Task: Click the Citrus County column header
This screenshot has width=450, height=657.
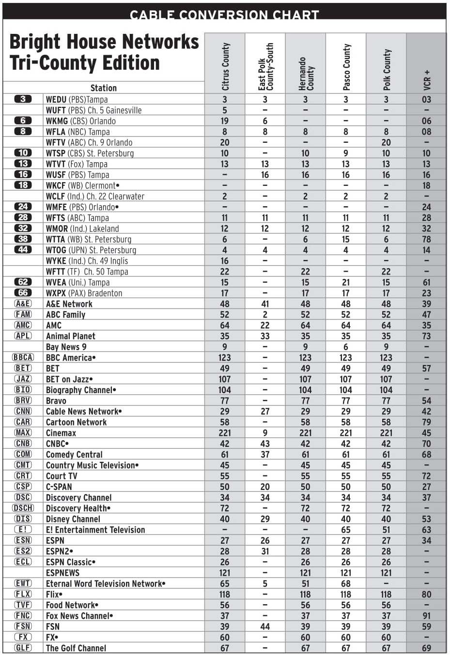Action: (x=225, y=66)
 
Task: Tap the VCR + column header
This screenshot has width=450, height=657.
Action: (x=426, y=80)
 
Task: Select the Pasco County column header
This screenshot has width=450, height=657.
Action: (x=346, y=67)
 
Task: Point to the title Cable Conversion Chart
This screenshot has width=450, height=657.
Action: (x=224, y=15)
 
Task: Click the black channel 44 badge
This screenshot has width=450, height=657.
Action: (x=23, y=250)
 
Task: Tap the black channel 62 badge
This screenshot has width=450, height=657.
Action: (x=23, y=282)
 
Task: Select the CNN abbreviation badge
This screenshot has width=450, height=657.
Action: (x=23, y=411)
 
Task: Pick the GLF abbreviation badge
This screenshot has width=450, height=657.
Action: (x=23, y=648)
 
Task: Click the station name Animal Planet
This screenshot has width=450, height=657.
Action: (x=70, y=336)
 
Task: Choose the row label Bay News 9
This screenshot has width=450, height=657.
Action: (x=66, y=347)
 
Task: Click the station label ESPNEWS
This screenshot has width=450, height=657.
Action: (x=62, y=573)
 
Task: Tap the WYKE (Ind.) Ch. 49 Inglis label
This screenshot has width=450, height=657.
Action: (x=87, y=260)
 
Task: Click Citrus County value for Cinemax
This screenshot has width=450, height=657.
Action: (x=225, y=433)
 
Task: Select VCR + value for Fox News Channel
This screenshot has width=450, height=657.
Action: (x=426, y=616)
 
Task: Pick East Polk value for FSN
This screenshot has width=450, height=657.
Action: (x=265, y=626)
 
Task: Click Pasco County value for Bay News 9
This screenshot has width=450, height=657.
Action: (x=345, y=347)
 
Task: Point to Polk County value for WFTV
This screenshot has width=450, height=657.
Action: (x=386, y=142)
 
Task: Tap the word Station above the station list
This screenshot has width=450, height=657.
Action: (x=103, y=88)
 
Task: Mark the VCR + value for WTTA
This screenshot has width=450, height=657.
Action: (x=426, y=239)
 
